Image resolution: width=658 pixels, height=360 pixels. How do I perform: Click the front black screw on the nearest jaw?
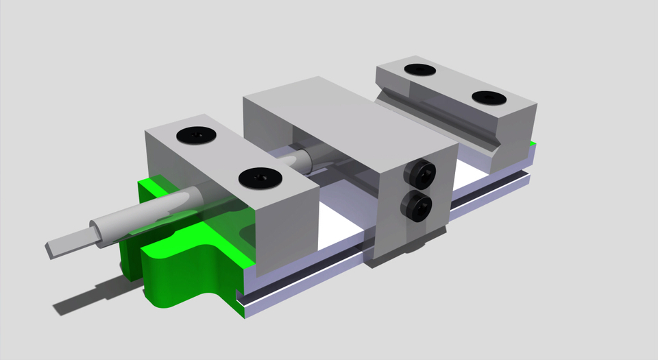[260, 179]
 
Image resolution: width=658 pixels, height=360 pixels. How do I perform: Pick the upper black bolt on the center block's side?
[421, 174]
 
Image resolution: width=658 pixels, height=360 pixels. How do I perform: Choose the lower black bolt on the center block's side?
[417, 206]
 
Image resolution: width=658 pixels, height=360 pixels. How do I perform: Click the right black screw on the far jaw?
[489, 98]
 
